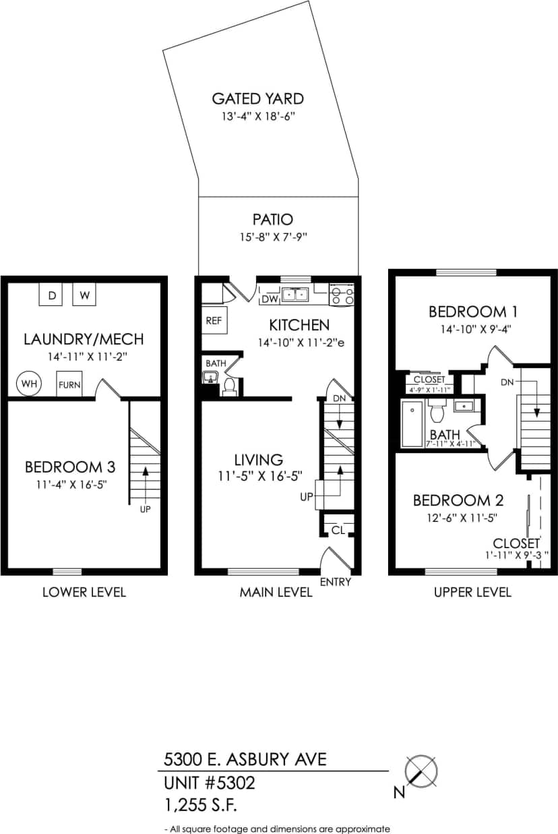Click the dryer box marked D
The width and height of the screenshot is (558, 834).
(51, 295)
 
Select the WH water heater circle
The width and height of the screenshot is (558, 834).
(29, 384)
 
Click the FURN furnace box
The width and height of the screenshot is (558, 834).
(69, 384)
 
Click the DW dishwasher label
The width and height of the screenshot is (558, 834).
(270, 299)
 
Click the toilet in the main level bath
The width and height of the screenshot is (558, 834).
(229, 385)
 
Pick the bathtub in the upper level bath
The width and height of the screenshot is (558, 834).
(411, 424)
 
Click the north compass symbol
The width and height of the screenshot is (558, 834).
(422, 772)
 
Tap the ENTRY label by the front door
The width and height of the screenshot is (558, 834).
(335, 582)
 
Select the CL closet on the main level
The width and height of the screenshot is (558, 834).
(338, 530)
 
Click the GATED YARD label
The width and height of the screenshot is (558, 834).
(257, 98)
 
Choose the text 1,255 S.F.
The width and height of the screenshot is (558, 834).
(201, 804)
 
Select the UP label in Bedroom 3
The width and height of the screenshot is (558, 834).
(145, 510)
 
